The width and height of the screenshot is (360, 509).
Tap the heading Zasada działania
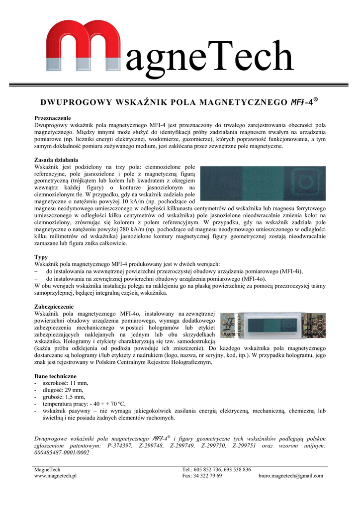coord(56,160)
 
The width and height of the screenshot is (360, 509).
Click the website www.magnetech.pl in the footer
coord(55,476)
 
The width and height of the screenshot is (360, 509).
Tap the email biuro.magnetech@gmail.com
coord(291,476)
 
